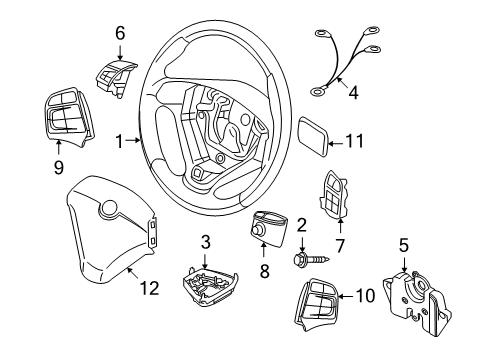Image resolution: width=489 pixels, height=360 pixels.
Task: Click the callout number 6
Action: [x=120, y=33]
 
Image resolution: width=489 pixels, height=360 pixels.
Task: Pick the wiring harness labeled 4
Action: [x=338, y=65]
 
